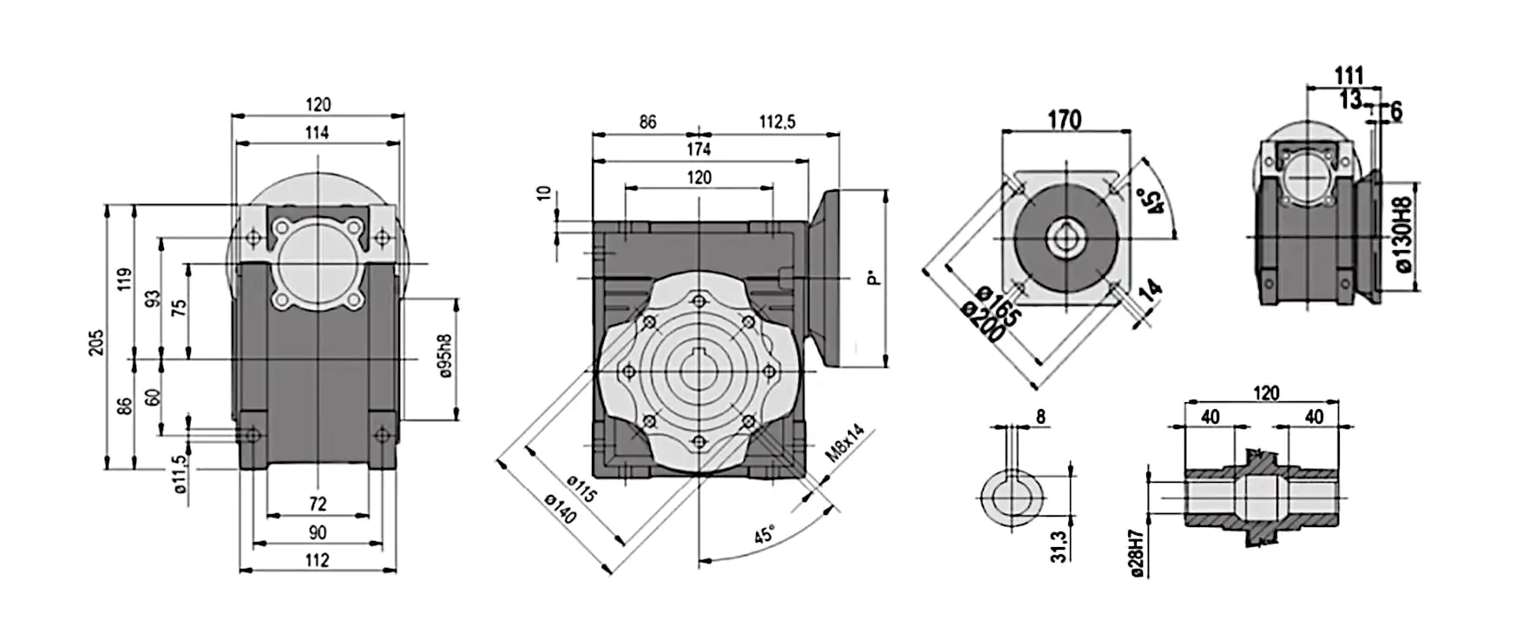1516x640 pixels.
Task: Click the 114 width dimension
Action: click(318, 133)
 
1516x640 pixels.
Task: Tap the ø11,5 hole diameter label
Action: click(180, 474)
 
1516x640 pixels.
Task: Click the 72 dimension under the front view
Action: click(318, 504)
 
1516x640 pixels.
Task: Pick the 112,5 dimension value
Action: click(777, 122)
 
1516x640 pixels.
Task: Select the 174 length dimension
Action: click(699, 149)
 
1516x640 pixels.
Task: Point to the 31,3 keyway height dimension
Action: click(1059, 545)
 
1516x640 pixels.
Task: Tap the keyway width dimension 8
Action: click(1040, 417)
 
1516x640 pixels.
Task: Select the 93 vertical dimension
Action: click(152, 300)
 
